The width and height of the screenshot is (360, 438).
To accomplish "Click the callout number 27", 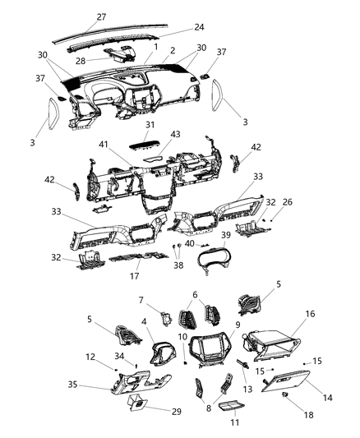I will [x=101, y=16].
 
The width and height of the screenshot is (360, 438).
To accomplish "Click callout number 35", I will [x=96, y=383].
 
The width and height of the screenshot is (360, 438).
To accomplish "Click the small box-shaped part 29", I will [x=137, y=403].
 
